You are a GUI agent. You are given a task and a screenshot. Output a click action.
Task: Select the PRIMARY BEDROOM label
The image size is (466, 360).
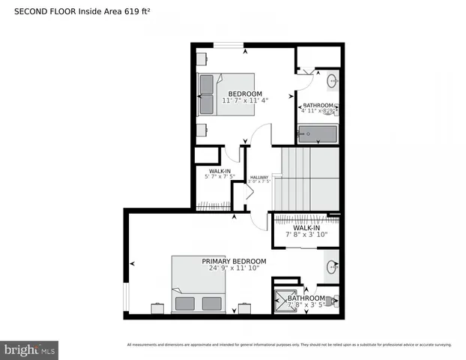[x=234, y=261]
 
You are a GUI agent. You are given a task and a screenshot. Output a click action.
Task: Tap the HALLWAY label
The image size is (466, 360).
[x=258, y=177]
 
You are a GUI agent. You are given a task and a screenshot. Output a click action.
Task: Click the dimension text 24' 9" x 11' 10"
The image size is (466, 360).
[x=234, y=268]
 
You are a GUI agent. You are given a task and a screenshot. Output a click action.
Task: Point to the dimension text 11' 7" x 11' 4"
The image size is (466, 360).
[x=244, y=100]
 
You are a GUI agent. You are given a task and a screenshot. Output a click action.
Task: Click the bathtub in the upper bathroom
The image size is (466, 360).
[x=318, y=135]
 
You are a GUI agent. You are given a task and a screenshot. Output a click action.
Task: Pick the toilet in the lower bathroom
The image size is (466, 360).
[x=333, y=301]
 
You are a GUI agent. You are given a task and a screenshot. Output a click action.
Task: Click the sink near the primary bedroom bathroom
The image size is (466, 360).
[x=331, y=266]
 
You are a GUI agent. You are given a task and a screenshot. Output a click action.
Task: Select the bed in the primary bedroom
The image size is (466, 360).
[x=198, y=284]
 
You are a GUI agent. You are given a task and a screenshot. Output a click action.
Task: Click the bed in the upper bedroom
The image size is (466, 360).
[x=225, y=94]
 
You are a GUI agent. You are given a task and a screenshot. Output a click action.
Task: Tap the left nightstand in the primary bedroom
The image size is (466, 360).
[x=158, y=308]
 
